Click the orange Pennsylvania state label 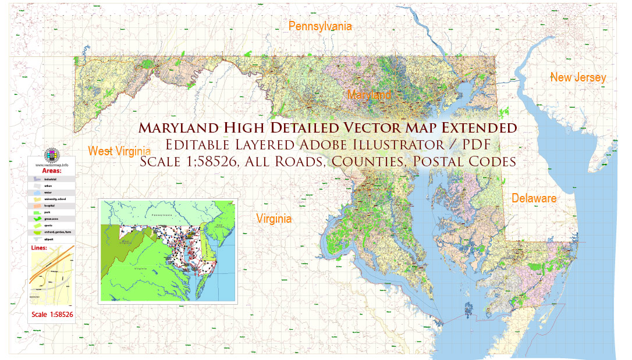click(320, 26)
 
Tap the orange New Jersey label click(578, 77)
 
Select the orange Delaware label click(534, 198)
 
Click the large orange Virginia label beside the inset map click(274, 219)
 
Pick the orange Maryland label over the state click(369, 94)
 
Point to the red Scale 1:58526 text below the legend click(52, 315)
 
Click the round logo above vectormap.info click(52, 155)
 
